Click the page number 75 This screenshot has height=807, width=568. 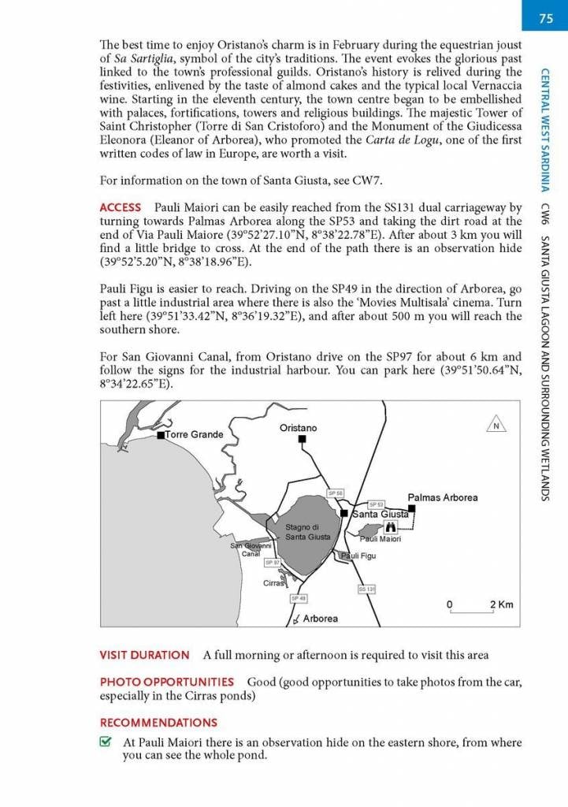[546, 19]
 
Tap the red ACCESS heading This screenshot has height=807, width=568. [120, 208]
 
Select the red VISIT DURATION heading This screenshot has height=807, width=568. [144, 655]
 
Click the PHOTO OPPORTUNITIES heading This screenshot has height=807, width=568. [166, 682]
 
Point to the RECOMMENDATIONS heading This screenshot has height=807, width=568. [158, 722]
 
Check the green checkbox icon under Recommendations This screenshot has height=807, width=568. [106, 742]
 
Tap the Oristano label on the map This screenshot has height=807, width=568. [299, 428]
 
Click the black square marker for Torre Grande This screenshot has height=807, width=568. [161, 435]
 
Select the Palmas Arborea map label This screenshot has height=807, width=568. [442, 497]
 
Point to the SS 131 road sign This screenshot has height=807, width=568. [366, 589]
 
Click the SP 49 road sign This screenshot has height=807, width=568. [299, 598]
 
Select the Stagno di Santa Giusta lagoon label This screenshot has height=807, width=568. [302, 532]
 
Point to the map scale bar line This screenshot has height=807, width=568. [471, 612]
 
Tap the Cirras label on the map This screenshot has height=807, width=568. [274, 584]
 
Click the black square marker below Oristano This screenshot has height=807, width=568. [301, 441]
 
